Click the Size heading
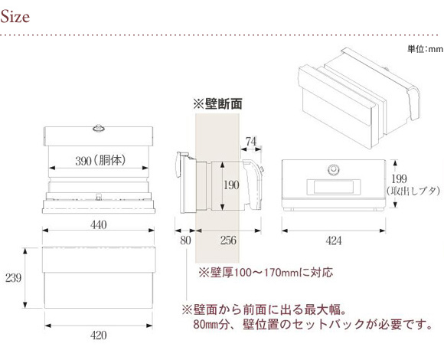point(15,16)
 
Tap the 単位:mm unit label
point(425,49)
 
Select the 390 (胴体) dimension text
point(100,161)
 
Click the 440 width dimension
point(99,225)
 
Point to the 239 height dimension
point(13,278)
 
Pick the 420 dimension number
point(99,335)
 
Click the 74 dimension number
point(250,142)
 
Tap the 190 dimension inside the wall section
point(231,185)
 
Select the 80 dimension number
point(185,241)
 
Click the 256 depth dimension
point(228,241)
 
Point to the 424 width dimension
point(333,241)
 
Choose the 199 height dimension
point(400,178)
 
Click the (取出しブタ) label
point(413,191)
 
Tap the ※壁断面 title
point(217,104)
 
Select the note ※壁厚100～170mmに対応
point(266,273)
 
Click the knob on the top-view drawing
point(98,129)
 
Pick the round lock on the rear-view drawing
point(333,170)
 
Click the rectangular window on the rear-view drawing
point(334,187)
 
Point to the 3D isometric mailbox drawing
point(359,98)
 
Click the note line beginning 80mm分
point(312,324)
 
